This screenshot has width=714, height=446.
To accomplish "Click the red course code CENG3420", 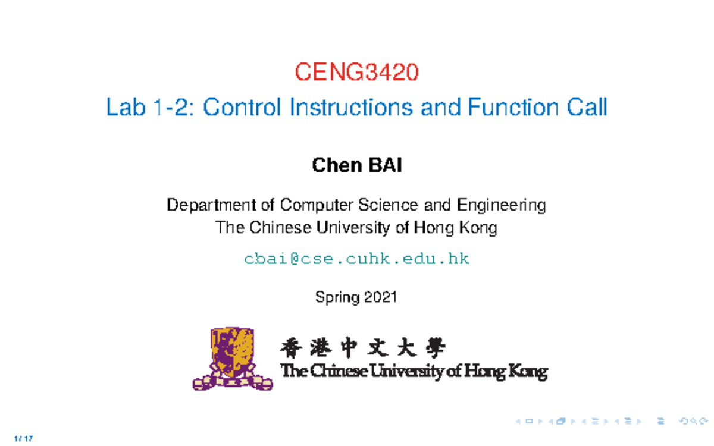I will point(357,73).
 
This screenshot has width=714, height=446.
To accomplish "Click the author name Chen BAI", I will point(357,165).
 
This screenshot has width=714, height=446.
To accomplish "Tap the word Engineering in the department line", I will point(501,206).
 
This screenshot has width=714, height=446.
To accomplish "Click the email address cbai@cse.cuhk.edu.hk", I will point(357,259).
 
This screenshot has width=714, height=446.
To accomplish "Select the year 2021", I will point(380,297).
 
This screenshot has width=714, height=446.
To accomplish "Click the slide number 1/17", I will point(24,439).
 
